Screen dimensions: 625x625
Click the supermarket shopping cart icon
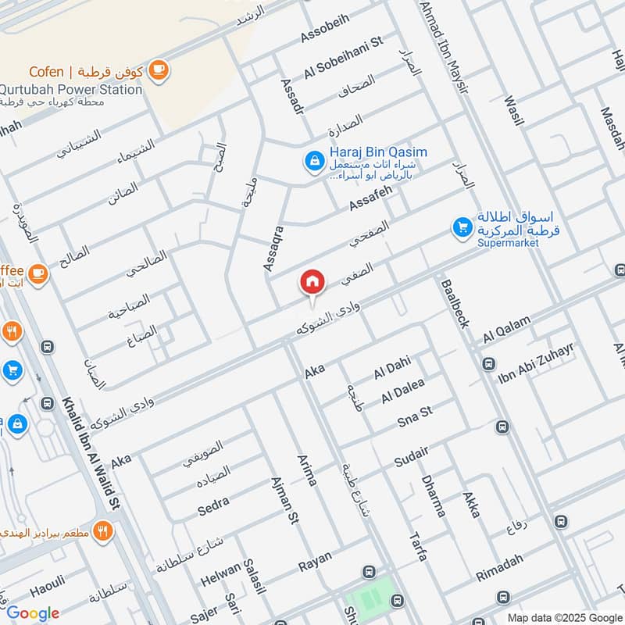pos(462,227)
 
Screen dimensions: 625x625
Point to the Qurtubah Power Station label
pos(71,89)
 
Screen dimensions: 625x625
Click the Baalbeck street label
pos(455,304)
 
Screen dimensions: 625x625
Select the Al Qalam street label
pos(506,330)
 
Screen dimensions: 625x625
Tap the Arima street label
pos(306,468)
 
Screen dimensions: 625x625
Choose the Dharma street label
pos(433,495)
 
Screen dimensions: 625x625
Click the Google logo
pos(34,613)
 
